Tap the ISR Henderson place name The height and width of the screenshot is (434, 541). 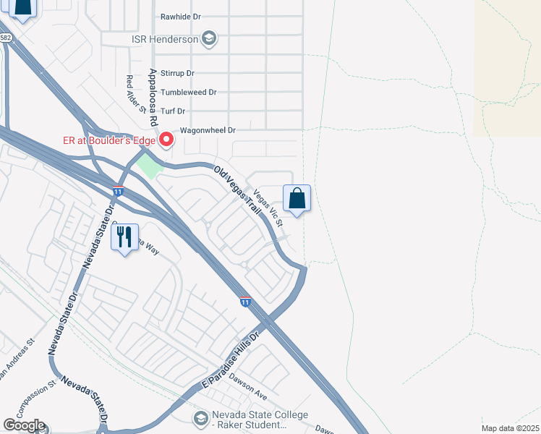[x=164, y=39]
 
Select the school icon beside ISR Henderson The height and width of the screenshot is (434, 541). [x=209, y=38]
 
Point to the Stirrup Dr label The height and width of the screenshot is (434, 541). [x=178, y=73]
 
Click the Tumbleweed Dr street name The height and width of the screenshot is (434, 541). [x=189, y=93]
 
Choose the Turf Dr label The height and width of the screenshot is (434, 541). [x=173, y=111]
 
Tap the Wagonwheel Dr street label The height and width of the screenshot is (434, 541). [x=208, y=131]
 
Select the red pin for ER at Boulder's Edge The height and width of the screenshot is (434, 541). [x=167, y=137]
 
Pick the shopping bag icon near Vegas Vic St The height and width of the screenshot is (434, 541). [x=297, y=197]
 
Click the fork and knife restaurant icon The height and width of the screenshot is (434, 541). [x=124, y=236]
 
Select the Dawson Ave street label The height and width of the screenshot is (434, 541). [x=248, y=387]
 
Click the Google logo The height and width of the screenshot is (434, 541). [x=24, y=425]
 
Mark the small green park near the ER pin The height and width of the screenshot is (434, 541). [x=150, y=165]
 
